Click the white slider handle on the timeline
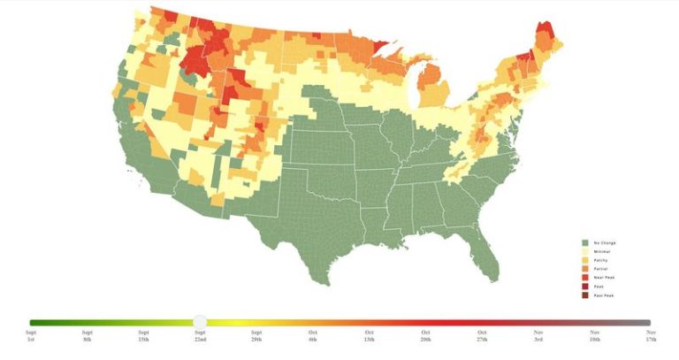pos(200,322)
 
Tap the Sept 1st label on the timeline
pos(31,335)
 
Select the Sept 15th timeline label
pos(143,335)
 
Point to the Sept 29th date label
pos(256,335)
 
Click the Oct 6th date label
pos(313,335)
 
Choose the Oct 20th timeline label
pos(425,335)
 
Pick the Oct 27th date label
pos(482,335)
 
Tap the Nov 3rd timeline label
pos(538,335)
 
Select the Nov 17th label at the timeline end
pos(652,335)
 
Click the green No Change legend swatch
pos(584,242)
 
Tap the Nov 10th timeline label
pos(595,335)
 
